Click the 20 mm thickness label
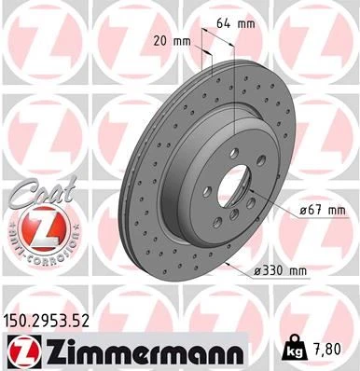pyautogui.click(x=173, y=41)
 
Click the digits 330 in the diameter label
pyautogui.click(x=277, y=271)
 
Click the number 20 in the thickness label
pyautogui.click(x=160, y=41)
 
